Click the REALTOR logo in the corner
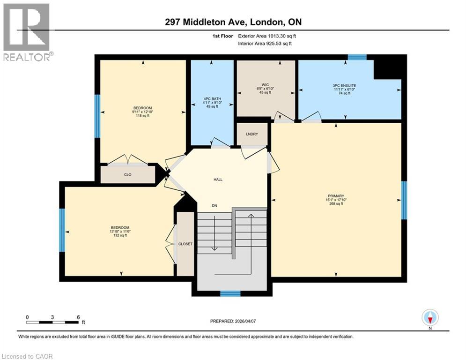click(27, 31)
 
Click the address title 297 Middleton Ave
click(232, 22)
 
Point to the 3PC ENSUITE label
click(344, 86)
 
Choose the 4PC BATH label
click(212, 98)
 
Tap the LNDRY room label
click(252, 134)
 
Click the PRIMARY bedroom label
click(336, 195)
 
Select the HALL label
click(218, 179)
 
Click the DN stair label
click(215, 205)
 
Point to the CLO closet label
click(127, 175)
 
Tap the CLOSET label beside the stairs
click(185, 244)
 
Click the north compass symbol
click(430, 318)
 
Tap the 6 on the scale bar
click(78, 317)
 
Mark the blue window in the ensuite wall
click(357, 57)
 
